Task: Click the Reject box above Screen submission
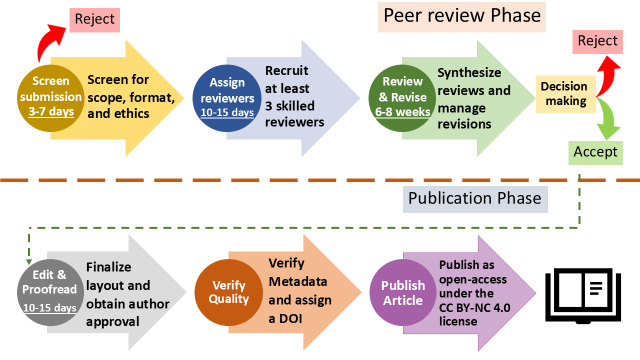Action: (x=95, y=19)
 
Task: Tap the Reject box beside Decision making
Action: (x=597, y=41)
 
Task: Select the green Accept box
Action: (x=595, y=152)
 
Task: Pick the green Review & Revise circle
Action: (x=402, y=97)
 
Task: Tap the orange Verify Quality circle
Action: (x=228, y=292)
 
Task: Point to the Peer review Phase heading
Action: (x=461, y=16)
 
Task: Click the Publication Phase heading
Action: (x=474, y=198)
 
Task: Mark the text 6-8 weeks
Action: (x=402, y=112)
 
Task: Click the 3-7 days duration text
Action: (x=51, y=111)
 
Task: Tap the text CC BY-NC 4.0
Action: (x=474, y=307)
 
